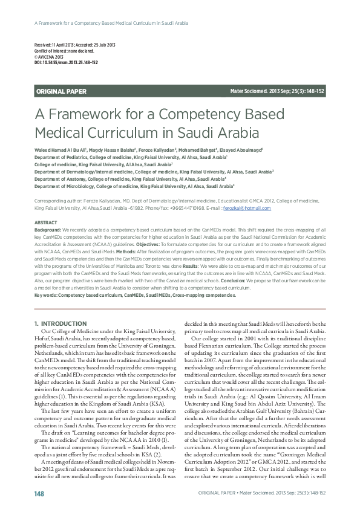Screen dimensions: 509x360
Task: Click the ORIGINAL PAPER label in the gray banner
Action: tap(62, 91)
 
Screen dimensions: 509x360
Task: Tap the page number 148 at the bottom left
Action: tap(40, 494)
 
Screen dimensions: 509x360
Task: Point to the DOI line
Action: tap(66, 63)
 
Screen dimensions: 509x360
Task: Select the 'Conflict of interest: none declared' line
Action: tap(61, 51)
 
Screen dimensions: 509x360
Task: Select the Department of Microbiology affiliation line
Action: tap(134, 187)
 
